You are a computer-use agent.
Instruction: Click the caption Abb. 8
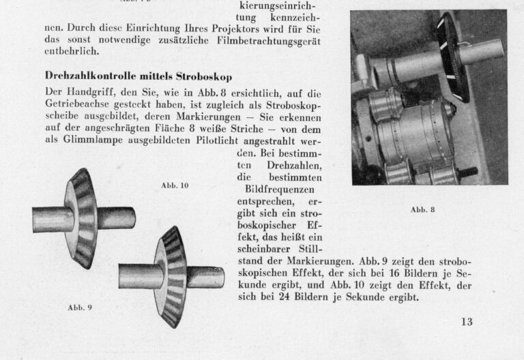tap(423, 210)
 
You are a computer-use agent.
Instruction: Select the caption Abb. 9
tap(80, 307)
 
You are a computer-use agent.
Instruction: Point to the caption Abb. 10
tap(175, 185)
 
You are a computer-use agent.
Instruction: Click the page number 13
tap(466, 321)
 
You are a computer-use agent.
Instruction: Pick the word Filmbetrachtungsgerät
tap(269, 40)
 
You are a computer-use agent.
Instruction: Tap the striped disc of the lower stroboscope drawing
tap(171, 276)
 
